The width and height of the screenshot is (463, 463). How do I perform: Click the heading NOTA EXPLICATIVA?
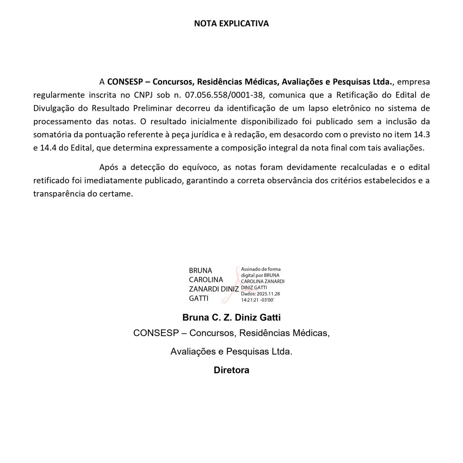click(x=231, y=24)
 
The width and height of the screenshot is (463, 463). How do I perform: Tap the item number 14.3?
click(x=422, y=134)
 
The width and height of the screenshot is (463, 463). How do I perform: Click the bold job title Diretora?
click(x=231, y=370)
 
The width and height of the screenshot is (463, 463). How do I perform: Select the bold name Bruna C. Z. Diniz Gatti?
click(x=231, y=317)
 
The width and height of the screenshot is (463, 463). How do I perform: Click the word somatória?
click(x=53, y=134)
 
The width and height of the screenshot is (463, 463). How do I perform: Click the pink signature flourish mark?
click(x=236, y=285)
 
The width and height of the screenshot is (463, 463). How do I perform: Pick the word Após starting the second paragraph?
click(x=108, y=167)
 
